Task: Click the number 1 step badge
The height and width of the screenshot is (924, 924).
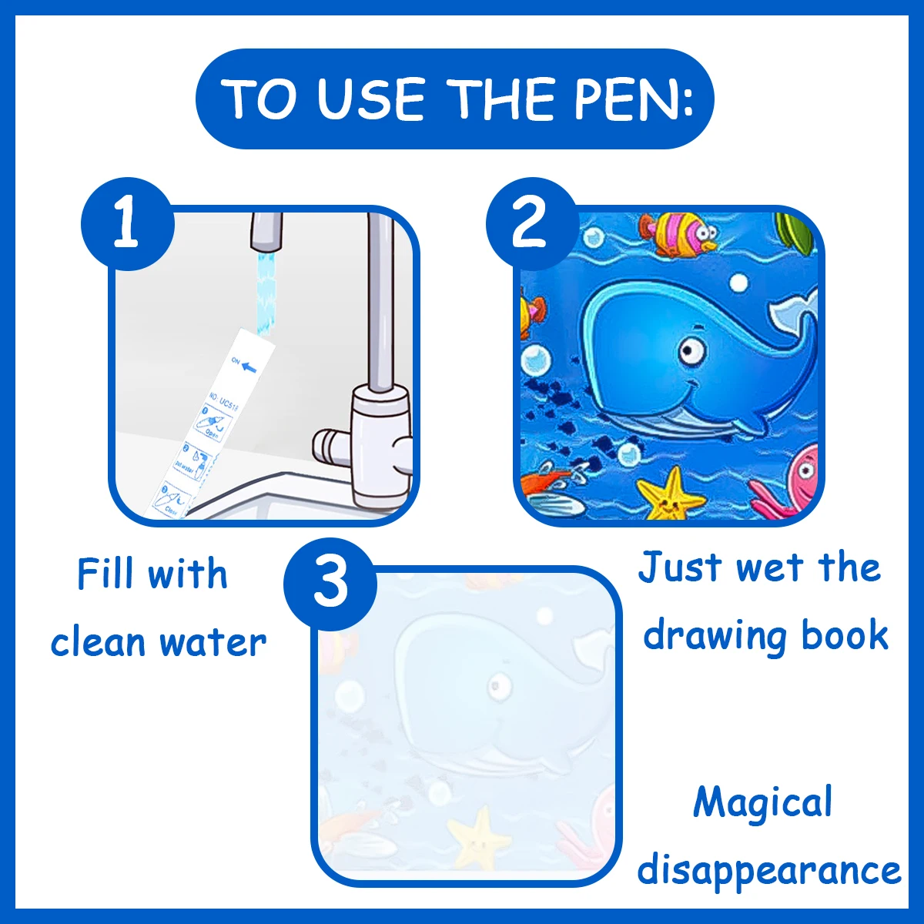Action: click(x=127, y=224)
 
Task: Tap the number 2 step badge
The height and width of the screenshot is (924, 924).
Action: click(x=531, y=224)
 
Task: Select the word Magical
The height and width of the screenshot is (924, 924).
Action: click(x=762, y=803)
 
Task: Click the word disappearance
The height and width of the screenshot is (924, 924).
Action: click(x=768, y=870)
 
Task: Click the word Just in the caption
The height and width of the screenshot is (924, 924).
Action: click(x=679, y=568)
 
